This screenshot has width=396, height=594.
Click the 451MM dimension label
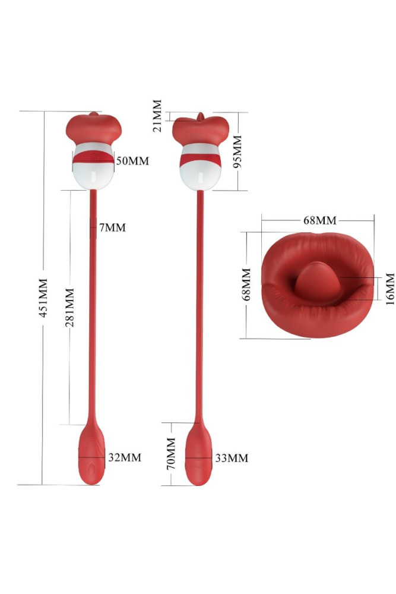point(43,298)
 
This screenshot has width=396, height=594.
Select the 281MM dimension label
point(69,307)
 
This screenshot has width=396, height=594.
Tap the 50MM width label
point(132,160)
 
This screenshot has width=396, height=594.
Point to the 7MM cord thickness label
point(112,228)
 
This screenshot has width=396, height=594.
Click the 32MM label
point(125,457)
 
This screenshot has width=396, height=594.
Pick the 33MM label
point(232,458)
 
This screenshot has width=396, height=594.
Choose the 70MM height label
point(171,453)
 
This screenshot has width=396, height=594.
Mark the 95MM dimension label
point(237,151)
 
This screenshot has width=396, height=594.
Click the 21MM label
point(157,116)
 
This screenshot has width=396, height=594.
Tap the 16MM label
point(389,289)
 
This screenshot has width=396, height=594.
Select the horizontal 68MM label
point(320,220)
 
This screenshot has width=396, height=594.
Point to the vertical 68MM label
point(246,284)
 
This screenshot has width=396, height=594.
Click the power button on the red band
point(93,156)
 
